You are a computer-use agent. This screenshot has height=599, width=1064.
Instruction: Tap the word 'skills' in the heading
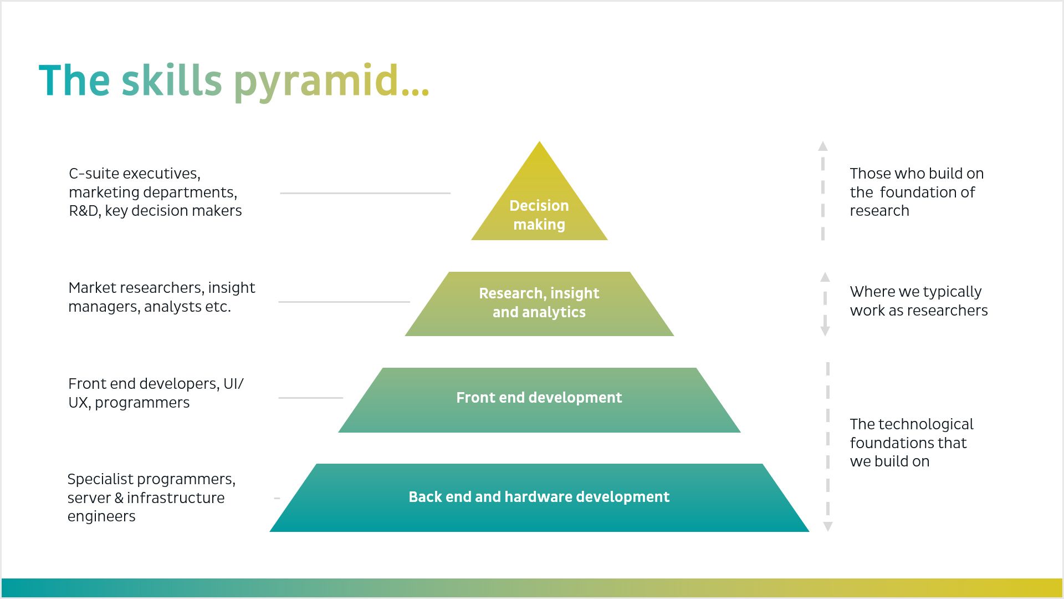[172, 81]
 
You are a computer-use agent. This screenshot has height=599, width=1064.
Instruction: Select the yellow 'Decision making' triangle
[539, 211]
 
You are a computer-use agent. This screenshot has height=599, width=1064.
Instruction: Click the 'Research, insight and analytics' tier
[539, 303]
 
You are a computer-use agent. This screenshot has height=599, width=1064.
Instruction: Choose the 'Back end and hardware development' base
[539, 497]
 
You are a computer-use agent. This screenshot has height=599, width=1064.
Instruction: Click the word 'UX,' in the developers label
[79, 403]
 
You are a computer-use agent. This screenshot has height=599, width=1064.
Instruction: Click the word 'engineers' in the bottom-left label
[101, 516]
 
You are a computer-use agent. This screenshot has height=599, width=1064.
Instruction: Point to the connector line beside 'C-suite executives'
[365, 193]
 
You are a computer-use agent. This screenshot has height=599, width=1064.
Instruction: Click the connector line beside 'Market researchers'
[344, 302]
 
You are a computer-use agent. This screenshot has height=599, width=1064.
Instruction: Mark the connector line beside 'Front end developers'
[310, 398]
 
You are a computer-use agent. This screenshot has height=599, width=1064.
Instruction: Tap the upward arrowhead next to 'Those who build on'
[823, 146]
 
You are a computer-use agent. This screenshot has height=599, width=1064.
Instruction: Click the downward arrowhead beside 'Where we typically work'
[825, 331]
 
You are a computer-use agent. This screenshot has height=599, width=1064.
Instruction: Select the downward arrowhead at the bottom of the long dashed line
[828, 526]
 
